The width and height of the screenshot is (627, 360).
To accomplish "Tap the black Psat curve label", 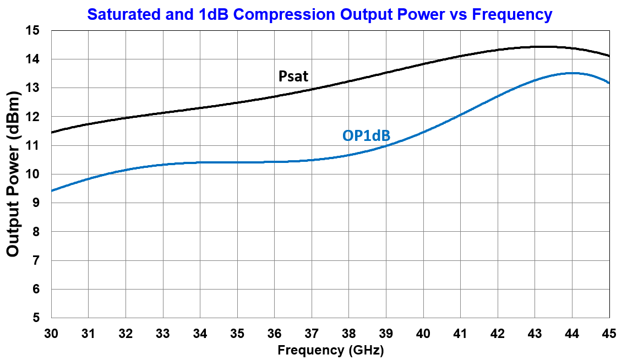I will pyautogui.click(x=294, y=75).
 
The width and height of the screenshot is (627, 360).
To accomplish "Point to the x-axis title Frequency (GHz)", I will pyautogui.click(x=330, y=350).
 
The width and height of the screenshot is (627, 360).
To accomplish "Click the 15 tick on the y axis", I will pyautogui.click(x=34, y=31).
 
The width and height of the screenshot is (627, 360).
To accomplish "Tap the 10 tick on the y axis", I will pyautogui.click(x=34, y=174).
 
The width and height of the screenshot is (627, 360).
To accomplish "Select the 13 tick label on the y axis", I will pyautogui.click(x=34, y=88).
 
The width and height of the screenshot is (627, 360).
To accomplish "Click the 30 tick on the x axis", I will pyautogui.click(x=51, y=334).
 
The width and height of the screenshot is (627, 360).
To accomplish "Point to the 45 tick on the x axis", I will pyautogui.click(x=609, y=334).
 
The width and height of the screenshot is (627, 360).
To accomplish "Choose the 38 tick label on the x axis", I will pyautogui.click(x=349, y=334).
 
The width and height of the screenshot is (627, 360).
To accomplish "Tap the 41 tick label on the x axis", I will pyautogui.click(x=461, y=334).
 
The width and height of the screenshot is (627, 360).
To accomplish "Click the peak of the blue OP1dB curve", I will pyautogui.click(x=573, y=73).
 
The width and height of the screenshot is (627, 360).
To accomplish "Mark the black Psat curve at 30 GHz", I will pyautogui.click(x=52, y=132).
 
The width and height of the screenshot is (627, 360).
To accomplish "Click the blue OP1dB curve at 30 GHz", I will pyautogui.click(x=52, y=190).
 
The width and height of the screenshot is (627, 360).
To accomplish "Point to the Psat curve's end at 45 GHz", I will pyautogui.click(x=609, y=56).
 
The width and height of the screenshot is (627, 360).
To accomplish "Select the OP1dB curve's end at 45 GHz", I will pyautogui.click(x=609, y=83).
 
